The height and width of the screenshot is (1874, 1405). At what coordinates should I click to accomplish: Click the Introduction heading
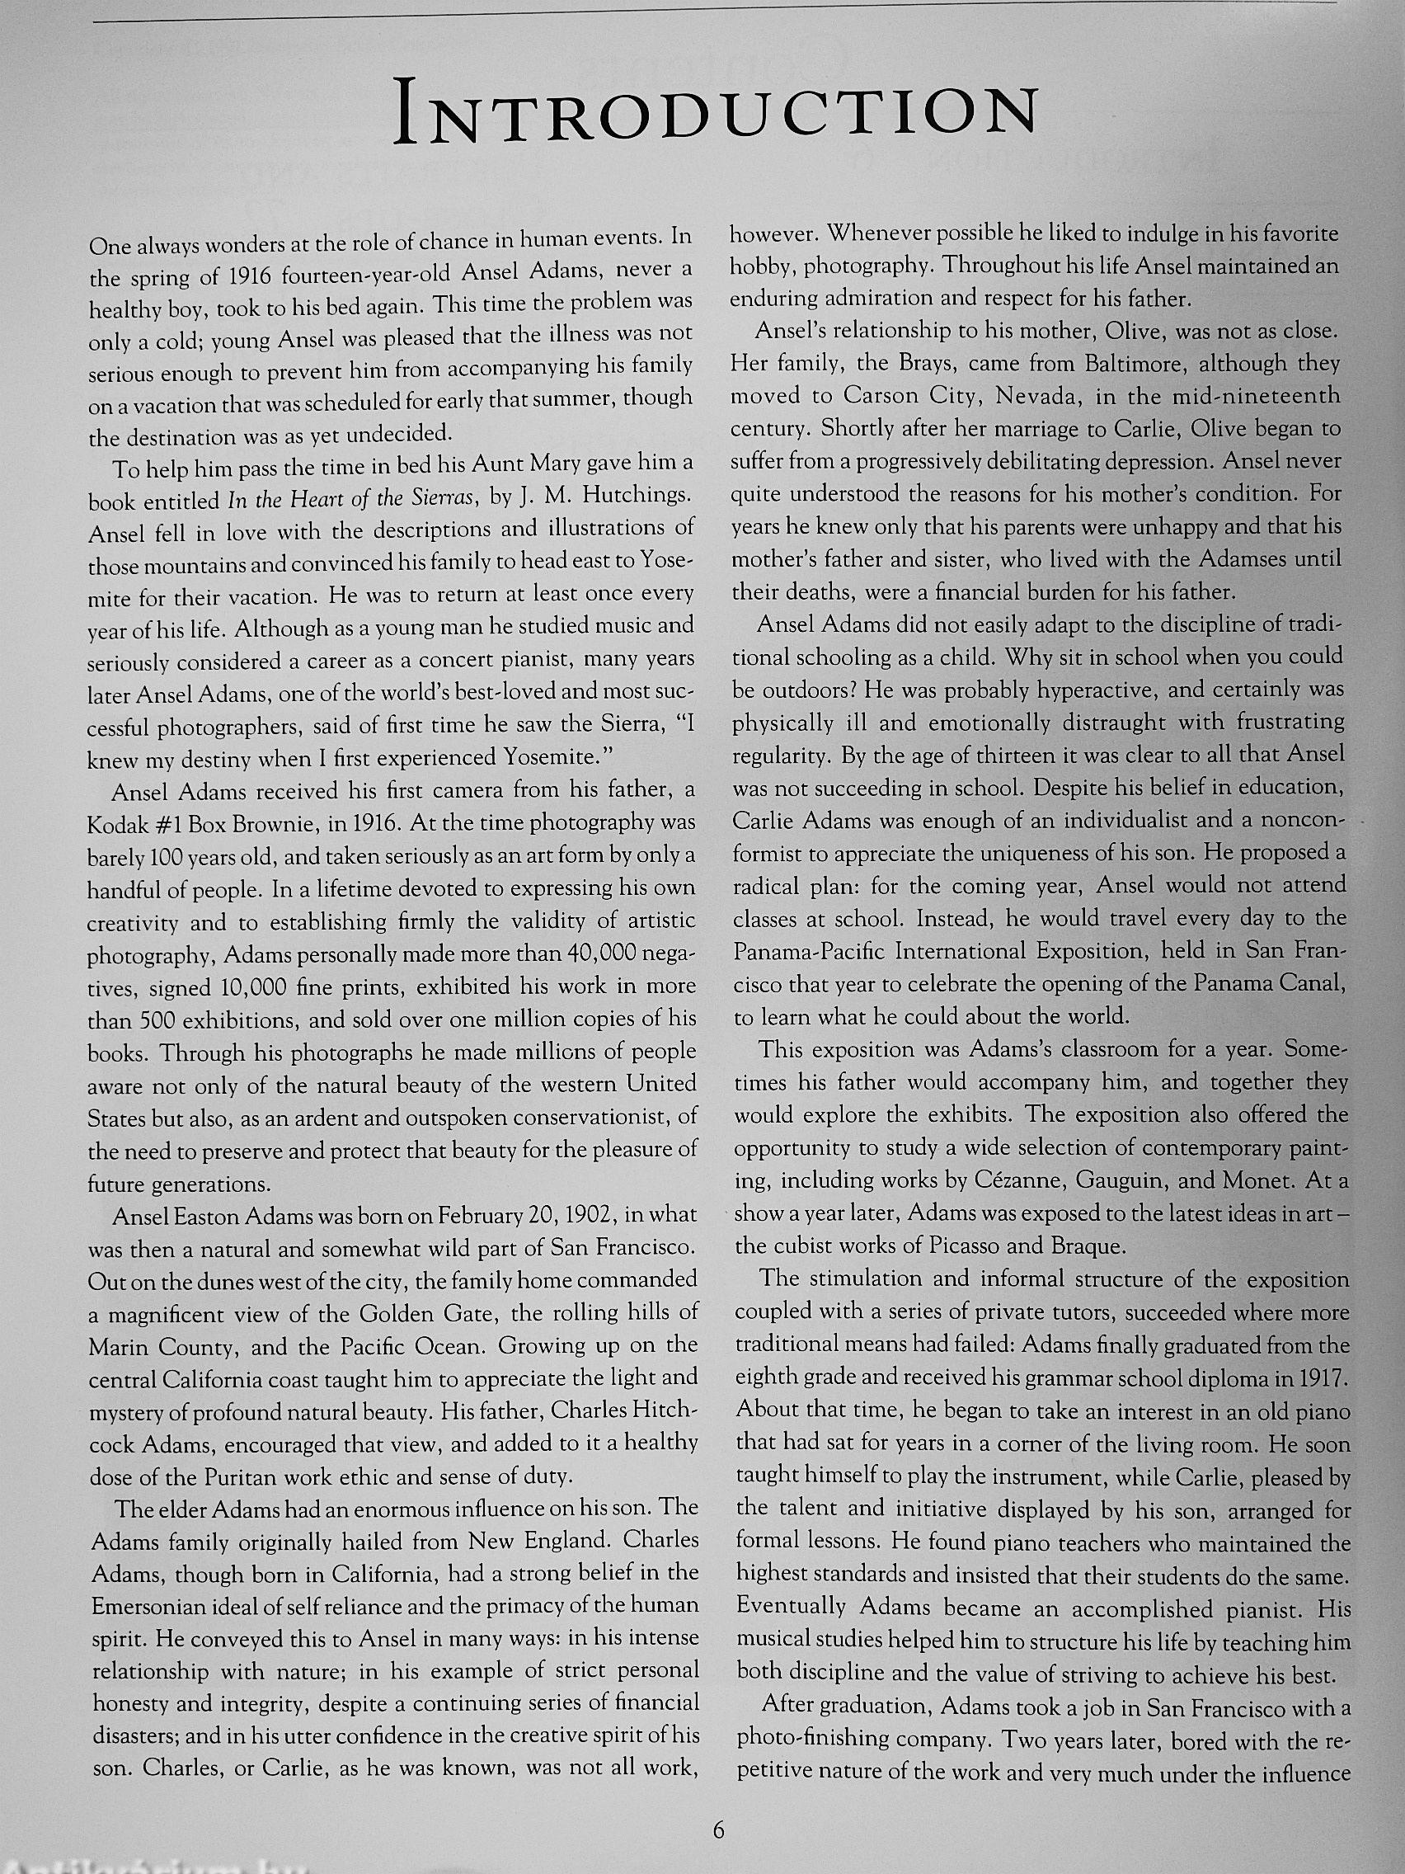point(716,111)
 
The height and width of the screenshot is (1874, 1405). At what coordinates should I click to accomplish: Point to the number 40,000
point(599,953)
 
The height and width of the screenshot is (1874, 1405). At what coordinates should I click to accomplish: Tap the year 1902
point(585,1216)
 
